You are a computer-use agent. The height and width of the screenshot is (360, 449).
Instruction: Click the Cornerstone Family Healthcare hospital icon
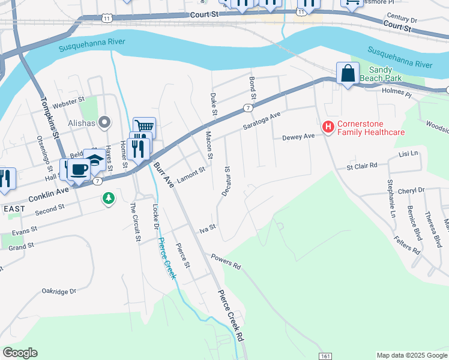(328, 127)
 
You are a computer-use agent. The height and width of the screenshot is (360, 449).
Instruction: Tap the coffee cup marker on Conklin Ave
(78, 169)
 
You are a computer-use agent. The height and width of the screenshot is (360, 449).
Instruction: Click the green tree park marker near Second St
(108, 198)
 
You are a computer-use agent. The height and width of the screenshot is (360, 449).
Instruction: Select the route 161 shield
(324, 355)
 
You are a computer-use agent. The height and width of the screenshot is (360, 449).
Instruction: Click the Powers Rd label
(225, 261)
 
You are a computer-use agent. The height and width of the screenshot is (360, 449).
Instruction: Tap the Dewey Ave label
(298, 137)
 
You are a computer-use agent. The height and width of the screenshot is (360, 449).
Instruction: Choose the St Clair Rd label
(365, 165)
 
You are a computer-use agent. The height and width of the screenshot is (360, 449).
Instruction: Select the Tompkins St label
(52, 119)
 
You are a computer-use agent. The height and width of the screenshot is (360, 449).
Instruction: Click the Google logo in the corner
(20, 353)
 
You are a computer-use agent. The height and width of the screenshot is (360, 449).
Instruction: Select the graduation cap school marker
(94, 160)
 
